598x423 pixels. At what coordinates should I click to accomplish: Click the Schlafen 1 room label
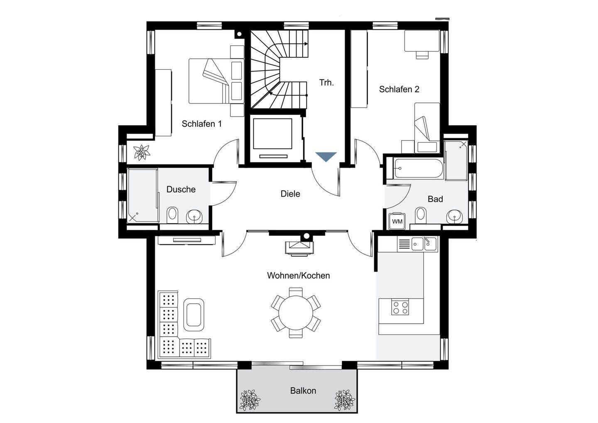pyautogui.click(x=201, y=124)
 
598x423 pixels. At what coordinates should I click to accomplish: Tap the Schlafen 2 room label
pyautogui.click(x=399, y=89)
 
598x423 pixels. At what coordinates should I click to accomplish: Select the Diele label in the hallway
pyautogui.click(x=290, y=194)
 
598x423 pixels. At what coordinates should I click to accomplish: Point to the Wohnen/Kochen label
pyautogui.click(x=298, y=275)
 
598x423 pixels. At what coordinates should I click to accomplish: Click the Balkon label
pyautogui.click(x=303, y=391)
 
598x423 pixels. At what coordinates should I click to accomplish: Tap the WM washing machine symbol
pyautogui.click(x=397, y=221)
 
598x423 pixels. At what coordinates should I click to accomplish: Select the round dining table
pyautogui.click(x=296, y=312)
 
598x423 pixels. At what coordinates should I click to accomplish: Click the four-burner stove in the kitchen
pyautogui.click(x=400, y=307)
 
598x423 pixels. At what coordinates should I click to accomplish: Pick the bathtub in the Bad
pyautogui.click(x=418, y=169)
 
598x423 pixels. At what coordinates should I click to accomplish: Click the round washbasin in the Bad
pyautogui.click(x=454, y=216)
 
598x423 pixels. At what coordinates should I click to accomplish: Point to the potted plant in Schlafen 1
pyautogui.click(x=142, y=152)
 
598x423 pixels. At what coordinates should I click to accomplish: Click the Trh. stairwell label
pyautogui.click(x=326, y=83)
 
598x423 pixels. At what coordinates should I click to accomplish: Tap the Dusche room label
pyautogui.click(x=181, y=189)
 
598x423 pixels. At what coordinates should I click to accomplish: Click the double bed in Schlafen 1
pyautogui.click(x=216, y=81)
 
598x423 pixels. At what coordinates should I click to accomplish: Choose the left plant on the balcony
pyautogui.click(x=250, y=400)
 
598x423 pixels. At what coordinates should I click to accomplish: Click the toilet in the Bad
pyautogui.click(x=421, y=214)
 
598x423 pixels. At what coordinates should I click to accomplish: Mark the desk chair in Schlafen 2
pyautogui.click(x=422, y=55)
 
